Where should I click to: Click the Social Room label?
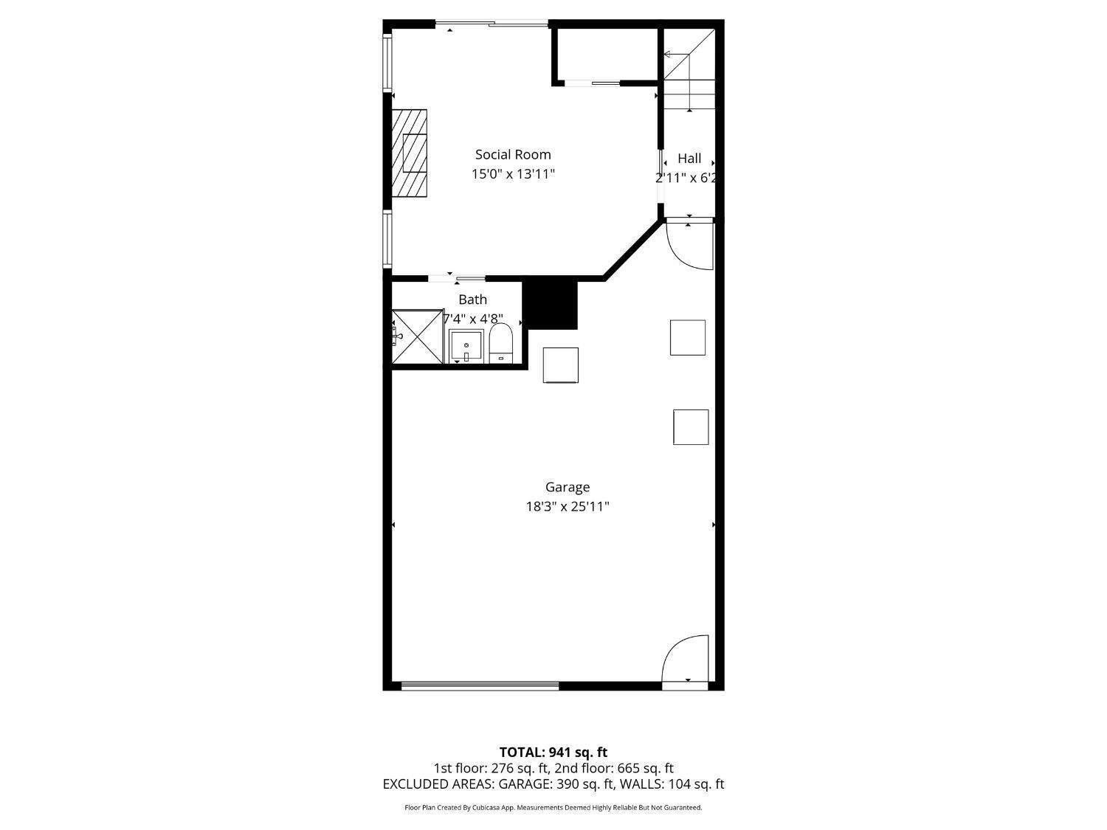coord(513,154)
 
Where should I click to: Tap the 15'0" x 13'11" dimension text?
coord(513,174)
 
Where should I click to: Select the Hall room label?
coord(689,158)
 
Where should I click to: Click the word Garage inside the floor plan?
coord(567,487)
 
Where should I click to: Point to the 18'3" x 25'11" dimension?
coord(567,507)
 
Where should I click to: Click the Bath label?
coord(472,300)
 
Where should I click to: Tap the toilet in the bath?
coord(501,345)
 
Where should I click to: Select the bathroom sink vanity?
coord(466,346)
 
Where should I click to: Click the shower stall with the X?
coord(417,337)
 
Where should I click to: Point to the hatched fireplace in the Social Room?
coord(410,153)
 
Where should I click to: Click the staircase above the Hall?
coord(689,71)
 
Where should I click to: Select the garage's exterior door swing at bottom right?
coord(686,660)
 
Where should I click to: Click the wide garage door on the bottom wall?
coord(480,686)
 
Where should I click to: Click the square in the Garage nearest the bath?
coord(560,364)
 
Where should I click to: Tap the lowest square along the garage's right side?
coord(691,427)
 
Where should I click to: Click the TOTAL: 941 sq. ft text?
coord(553,753)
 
